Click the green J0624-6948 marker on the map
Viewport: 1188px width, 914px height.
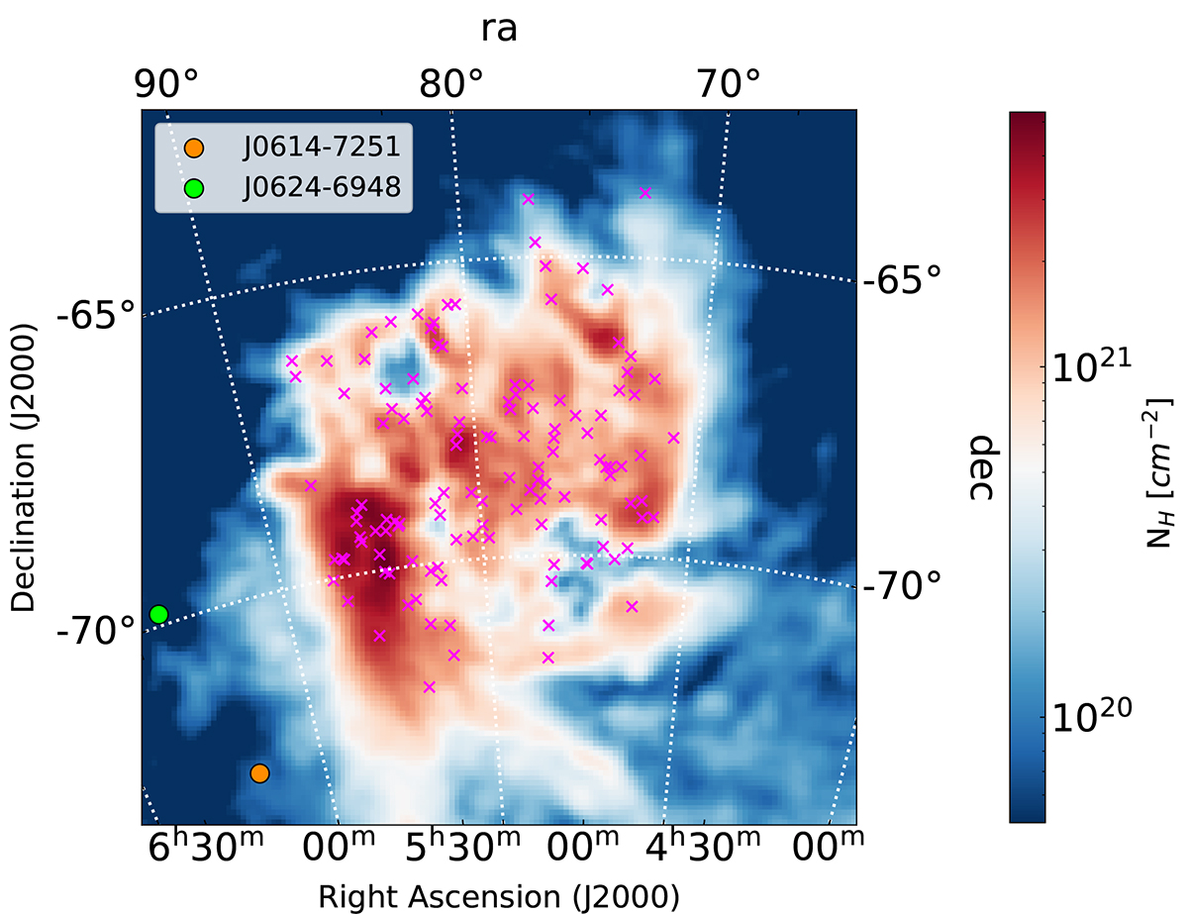158,615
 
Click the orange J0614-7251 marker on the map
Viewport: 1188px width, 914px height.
259,773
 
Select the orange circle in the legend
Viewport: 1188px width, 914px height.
194,148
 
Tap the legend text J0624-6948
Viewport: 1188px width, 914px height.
321,186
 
